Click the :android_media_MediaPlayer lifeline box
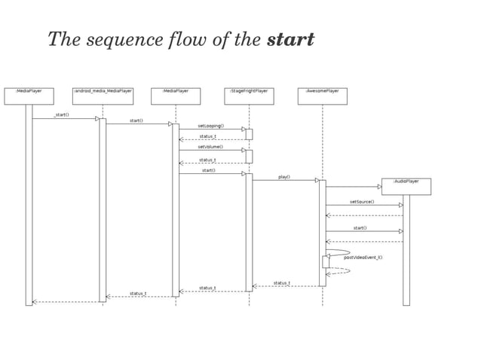click(103, 96)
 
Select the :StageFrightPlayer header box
click(249, 96)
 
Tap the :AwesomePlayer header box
click(322, 96)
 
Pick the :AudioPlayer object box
click(406, 186)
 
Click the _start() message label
click(62, 114)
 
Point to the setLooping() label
click(211, 126)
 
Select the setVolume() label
click(210, 147)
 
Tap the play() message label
click(284, 177)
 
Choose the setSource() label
click(362, 202)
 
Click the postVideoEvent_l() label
click(363, 258)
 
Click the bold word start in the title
click(290, 39)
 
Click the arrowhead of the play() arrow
click(317, 180)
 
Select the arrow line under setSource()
click(362, 205)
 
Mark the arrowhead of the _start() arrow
click(97, 118)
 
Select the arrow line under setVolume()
click(211, 150)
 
